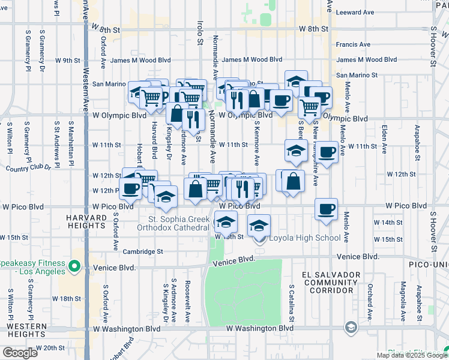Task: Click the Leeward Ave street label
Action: [355, 12]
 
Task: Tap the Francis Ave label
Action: [354, 44]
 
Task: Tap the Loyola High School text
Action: [304, 238]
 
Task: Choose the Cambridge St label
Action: [143, 252]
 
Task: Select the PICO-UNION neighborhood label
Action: [426, 263]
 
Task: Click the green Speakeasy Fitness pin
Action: [74, 265]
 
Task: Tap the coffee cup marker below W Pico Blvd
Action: [326, 210]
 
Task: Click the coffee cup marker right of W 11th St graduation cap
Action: [327, 152]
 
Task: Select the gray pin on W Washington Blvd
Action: [350, 327]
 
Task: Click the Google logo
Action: [20, 353]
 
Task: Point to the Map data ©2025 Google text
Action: [412, 355]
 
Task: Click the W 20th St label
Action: [51, 347]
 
